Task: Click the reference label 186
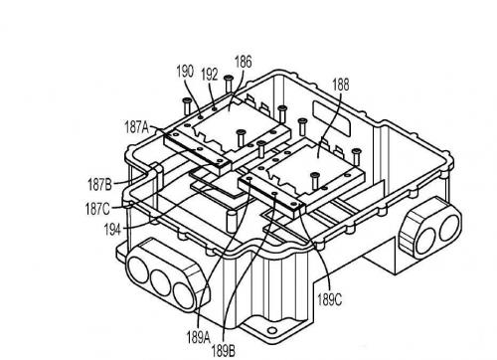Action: (244, 62)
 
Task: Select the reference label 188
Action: (341, 85)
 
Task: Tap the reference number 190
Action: (185, 72)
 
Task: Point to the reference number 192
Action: (210, 75)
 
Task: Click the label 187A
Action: (137, 127)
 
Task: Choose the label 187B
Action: (99, 184)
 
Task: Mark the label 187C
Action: (97, 209)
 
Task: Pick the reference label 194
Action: (112, 230)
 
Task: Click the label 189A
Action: (198, 338)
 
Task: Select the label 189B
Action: (224, 350)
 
